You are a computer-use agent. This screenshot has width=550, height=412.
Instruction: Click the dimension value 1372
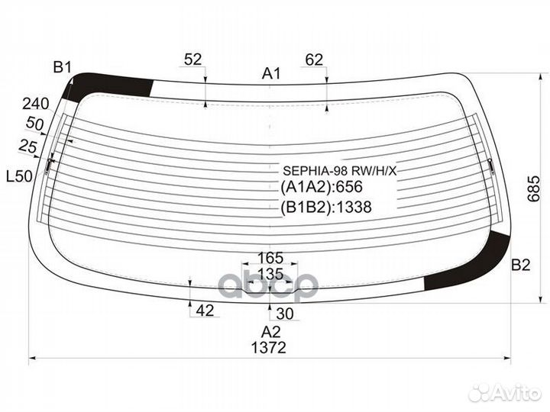click(x=267, y=347)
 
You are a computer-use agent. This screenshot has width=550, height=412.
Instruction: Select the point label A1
click(x=271, y=74)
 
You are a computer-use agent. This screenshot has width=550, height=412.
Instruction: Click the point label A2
click(x=270, y=332)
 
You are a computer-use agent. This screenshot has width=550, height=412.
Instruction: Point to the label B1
click(x=62, y=69)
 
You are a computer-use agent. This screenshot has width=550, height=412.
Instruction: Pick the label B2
click(x=520, y=266)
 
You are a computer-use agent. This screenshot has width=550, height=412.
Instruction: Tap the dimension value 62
click(x=314, y=60)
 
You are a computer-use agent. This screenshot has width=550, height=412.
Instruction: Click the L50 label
click(x=19, y=176)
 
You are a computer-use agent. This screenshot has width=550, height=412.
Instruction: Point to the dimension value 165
click(x=270, y=257)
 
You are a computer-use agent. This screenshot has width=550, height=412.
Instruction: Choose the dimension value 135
click(x=270, y=273)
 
